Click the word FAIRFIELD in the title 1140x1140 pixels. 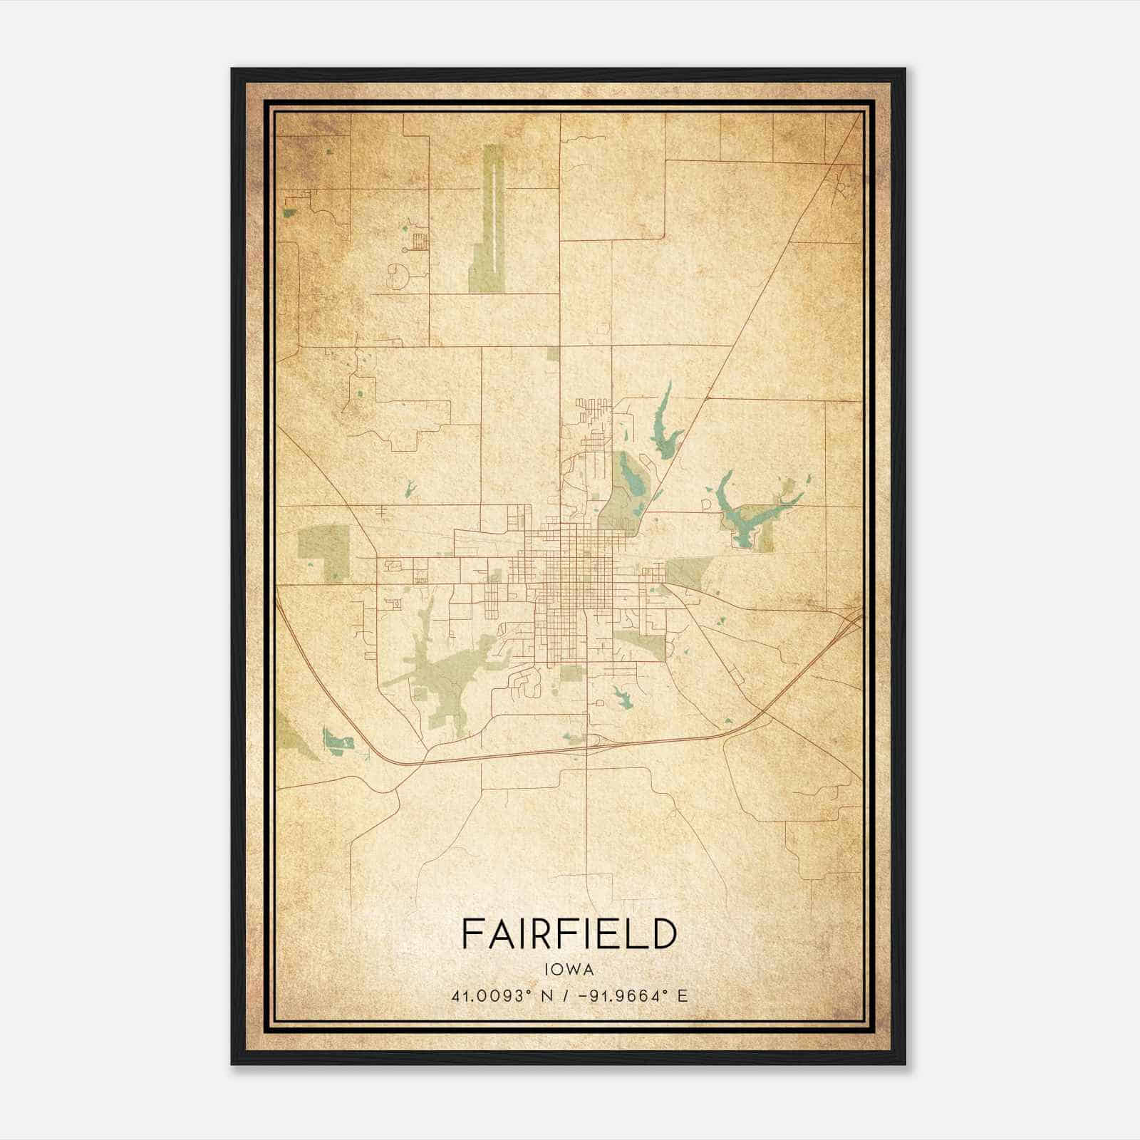pos(569,933)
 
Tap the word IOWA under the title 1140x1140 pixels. pos(569,969)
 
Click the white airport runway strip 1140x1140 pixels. pos(492,221)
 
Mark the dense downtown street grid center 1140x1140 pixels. pos(570,570)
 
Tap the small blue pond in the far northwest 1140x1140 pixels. pos(289,213)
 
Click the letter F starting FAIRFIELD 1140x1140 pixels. pos(470,933)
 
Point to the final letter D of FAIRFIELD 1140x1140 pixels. pos(663,933)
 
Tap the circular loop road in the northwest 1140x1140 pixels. pos(396,274)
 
